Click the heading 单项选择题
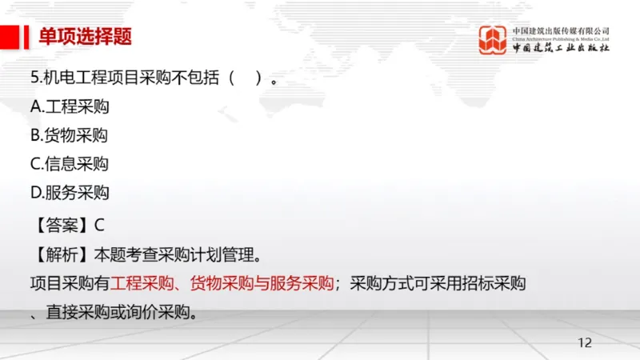coord(86,37)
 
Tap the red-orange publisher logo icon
coord(493,39)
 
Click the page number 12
coord(585,343)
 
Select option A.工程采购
coord(70,106)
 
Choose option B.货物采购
coord(69,135)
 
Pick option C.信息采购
coord(69,164)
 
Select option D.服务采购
coord(70,193)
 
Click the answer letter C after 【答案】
coord(99,226)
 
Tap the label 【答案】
coord(61,226)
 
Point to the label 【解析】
coord(61,256)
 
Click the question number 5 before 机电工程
coord(34,78)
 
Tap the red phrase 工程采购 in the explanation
coord(139,283)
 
